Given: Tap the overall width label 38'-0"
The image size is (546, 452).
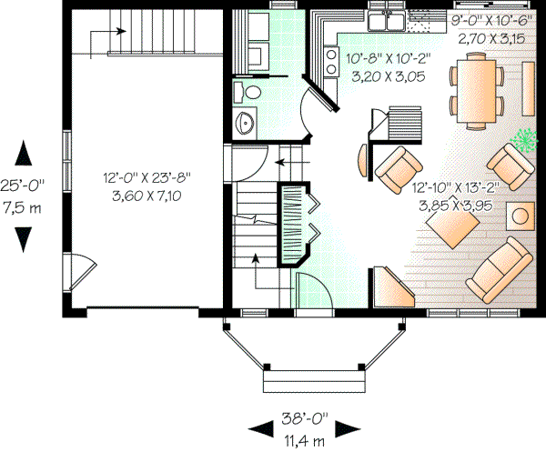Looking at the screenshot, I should pos(306,423).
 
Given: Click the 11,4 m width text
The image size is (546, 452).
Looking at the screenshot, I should pos(306,440).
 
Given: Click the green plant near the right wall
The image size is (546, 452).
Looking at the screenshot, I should pos(525,139).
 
